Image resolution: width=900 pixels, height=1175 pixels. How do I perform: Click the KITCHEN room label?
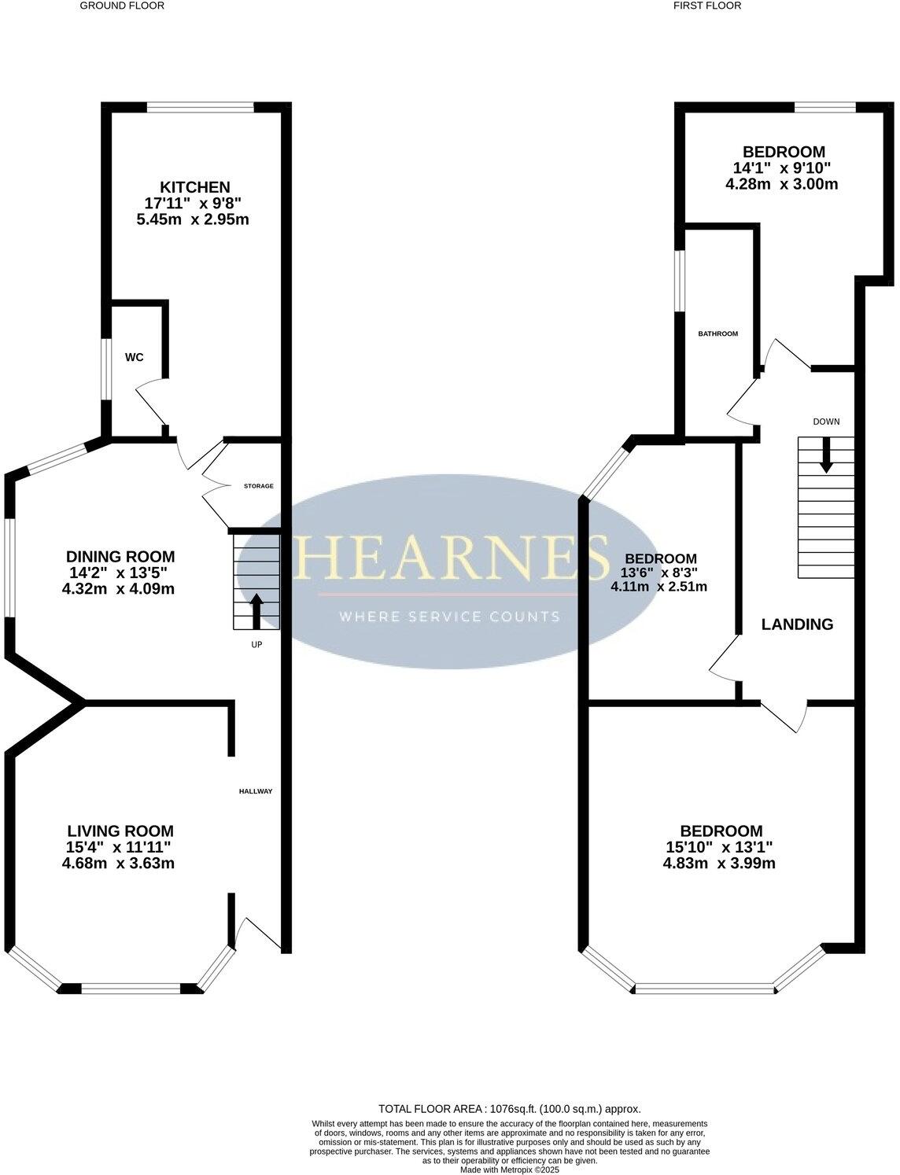195,187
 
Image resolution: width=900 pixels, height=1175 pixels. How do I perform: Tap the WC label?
135,357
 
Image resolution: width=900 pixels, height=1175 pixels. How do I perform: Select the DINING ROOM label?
120,557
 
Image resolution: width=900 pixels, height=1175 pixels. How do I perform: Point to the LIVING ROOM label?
120,831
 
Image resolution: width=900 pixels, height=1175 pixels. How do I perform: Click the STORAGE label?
259,486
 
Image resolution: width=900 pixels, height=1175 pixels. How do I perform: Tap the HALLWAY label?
256,791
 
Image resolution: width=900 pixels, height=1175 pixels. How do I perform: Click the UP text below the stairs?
256,645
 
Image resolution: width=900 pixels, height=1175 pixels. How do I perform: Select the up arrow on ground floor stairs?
256,610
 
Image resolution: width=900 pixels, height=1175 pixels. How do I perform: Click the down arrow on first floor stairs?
826,455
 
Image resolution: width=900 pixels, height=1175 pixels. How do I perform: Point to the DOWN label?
826,422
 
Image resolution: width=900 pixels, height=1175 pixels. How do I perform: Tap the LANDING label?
797,624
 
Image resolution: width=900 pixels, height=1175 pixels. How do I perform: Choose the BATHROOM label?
718,333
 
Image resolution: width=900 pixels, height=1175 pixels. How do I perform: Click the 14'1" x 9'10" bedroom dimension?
782,168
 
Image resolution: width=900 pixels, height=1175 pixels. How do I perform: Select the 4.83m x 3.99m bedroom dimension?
719,863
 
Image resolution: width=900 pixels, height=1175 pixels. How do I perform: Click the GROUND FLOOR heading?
122,6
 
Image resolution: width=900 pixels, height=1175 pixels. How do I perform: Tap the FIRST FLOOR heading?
707,6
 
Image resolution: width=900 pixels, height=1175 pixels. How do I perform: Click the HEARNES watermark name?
451,557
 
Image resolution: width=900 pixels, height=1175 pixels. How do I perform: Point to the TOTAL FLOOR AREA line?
509,1108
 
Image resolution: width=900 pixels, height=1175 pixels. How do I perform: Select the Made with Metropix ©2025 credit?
509,1169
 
